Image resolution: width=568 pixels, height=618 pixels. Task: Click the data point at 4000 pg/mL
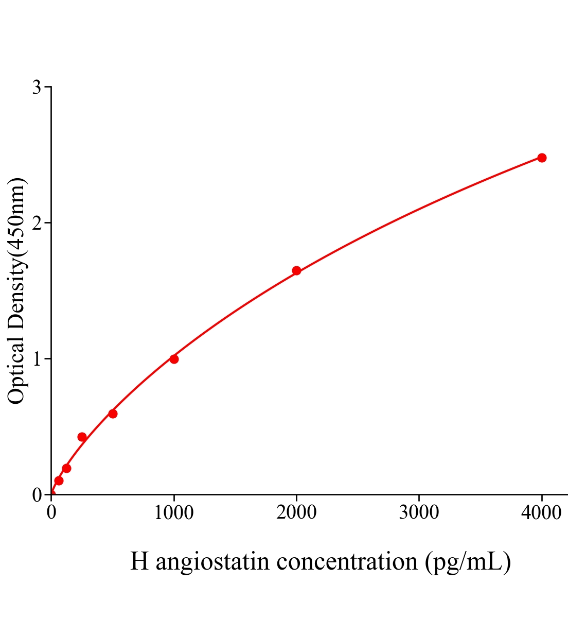coord(542,158)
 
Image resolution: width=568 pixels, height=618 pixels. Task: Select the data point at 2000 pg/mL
coord(296,270)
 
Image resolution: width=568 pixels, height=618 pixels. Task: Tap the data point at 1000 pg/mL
coord(174,359)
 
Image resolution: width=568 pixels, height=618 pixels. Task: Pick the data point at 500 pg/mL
coord(113,414)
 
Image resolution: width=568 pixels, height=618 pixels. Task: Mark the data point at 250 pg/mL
coord(82,437)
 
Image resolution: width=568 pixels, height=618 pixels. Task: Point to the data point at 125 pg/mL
coord(66,468)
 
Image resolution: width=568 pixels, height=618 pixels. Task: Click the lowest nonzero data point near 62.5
coord(59,480)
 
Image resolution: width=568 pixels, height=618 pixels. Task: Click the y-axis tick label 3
coord(37,88)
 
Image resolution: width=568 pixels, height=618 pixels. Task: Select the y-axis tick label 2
coord(37,223)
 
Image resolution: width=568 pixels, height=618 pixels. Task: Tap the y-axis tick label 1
coord(37,359)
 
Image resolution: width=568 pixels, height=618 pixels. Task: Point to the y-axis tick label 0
coord(37,495)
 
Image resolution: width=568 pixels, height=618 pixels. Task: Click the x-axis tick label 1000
coord(174,513)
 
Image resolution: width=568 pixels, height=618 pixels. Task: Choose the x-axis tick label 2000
coord(296,513)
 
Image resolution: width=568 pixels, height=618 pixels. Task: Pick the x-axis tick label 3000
coord(419,513)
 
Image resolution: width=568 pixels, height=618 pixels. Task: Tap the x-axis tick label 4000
coord(541,513)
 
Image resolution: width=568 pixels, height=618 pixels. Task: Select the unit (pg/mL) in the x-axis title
coord(468,561)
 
